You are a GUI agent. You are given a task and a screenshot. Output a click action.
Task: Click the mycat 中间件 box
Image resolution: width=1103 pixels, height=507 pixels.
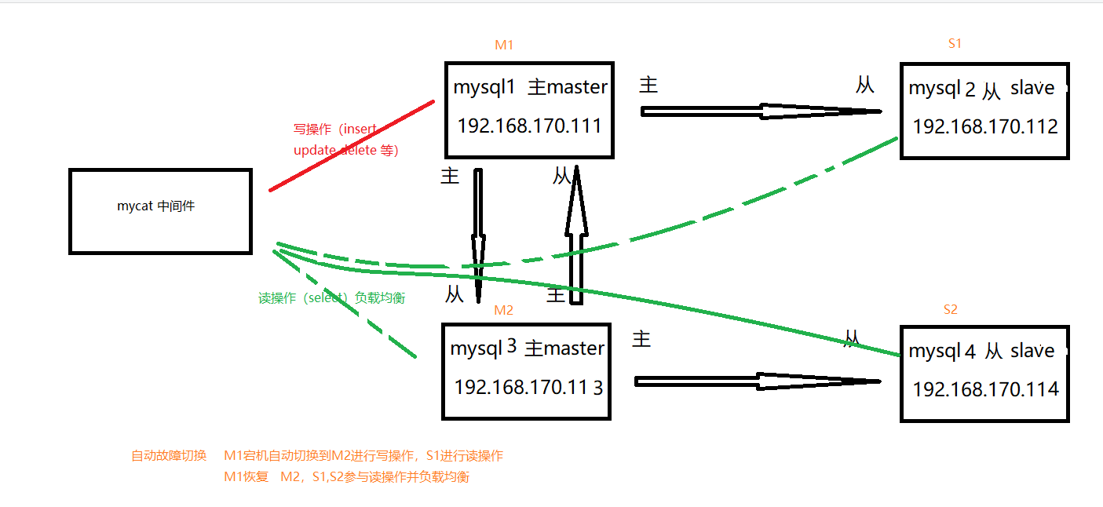(160, 210)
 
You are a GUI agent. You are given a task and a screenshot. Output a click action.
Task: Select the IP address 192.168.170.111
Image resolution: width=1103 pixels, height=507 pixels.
(529, 126)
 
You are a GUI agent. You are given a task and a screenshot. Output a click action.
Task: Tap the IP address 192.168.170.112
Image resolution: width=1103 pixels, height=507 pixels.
(985, 126)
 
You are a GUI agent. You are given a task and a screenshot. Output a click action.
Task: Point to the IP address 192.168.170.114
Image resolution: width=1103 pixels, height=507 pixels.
(985, 388)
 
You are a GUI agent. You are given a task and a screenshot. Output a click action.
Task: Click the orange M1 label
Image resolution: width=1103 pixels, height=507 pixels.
(504, 45)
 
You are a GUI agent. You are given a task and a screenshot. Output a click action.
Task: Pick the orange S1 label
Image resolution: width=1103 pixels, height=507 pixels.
(955, 44)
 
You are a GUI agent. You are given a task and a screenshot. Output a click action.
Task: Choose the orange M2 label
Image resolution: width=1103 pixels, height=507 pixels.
(503, 310)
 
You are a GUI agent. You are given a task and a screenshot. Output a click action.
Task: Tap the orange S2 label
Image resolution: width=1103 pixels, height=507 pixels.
(950, 309)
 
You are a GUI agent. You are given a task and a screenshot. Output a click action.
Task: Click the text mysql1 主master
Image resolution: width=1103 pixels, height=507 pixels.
(530, 87)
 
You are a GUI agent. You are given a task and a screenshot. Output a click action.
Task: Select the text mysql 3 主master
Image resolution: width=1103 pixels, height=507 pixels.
(528, 348)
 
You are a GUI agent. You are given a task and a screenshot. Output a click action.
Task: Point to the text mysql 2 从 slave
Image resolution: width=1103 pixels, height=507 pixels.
(981, 88)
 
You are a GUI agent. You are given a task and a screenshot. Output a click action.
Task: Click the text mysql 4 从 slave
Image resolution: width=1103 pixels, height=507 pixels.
(981, 351)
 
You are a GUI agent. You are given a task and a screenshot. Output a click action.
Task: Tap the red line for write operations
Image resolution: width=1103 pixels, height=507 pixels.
(352, 146)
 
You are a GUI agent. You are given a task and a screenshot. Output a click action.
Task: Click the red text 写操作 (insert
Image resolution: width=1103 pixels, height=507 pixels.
(335, 129)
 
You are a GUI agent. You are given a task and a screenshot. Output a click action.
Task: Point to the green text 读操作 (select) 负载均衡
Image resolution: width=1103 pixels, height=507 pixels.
(331, 298)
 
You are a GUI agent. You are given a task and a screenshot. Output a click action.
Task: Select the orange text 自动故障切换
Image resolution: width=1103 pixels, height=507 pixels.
(169, 456)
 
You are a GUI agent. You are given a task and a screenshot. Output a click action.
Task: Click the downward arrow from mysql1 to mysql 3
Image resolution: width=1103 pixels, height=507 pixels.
(477, 232)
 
